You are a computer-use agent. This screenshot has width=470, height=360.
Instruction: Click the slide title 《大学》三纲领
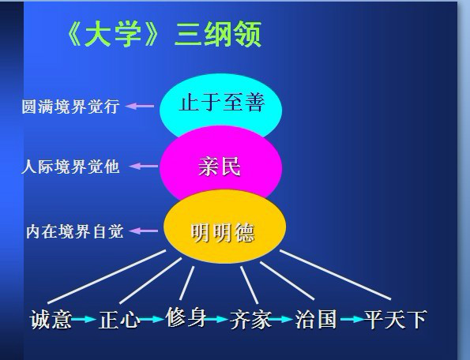pyautogui.click(x=164, y=34)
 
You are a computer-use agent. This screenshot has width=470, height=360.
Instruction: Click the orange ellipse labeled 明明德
pyautogui.click(x=224, y=227)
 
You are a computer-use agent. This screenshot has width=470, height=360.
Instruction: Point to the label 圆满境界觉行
pyautogui.click(x=70, y=107)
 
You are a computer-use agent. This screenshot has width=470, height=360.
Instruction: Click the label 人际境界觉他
pyautogui.click(x=70, y=167)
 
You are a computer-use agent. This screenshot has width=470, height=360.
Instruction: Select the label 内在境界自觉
pyautogui.click(x=75, y=231)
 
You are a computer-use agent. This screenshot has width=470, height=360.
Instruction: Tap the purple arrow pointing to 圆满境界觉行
pyautogui.click(x=140, y=106)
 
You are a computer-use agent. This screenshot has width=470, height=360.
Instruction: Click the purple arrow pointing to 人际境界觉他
pyautogui.click(x=144, y=167)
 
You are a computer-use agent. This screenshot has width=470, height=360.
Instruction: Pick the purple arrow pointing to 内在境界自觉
pyautogui.click(x=143, y=231)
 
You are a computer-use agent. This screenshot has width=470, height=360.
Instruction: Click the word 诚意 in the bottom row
pyautogui.click(x=51, y=320)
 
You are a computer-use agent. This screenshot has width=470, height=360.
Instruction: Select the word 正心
pyautogui.click(x=119, y=320)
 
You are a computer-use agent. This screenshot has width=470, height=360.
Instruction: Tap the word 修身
pyautogui.click(x=186, y=317)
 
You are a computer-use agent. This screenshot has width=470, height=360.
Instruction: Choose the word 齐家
pyautogui.click(x=250, y=320)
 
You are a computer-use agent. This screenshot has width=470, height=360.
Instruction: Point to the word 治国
pyautogui.click(x=316, y=319)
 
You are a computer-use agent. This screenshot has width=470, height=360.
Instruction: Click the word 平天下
pyautogui.click(x=396, y=319)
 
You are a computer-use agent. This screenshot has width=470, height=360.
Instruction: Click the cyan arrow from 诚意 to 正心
pyautogui.click(x=84, y=319)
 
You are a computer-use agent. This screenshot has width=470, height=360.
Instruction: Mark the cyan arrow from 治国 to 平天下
pyautogui.click(x=353, y=319)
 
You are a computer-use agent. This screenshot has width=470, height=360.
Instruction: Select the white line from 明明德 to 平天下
pyautogui.click(x=336, y=275)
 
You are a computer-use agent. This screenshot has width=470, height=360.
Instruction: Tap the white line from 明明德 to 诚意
pyautogui.click(x=107, y=276)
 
